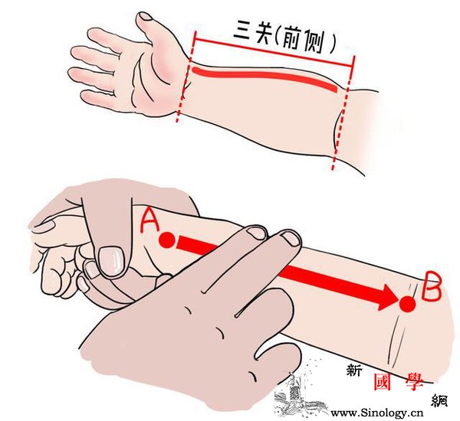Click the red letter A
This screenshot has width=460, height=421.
(x=149, y=220)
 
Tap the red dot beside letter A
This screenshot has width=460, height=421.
(x=167, y=240)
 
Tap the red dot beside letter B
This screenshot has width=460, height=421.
(x=408, y=304)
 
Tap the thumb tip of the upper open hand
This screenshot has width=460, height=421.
(x=145, y=17)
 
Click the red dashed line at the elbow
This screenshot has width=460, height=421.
(x=343, y=113)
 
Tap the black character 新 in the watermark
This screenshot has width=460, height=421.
(x=353, y=370)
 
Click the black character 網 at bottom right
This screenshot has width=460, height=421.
(x=439, y=400)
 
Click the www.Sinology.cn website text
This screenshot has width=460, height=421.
(x=377, y=413)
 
